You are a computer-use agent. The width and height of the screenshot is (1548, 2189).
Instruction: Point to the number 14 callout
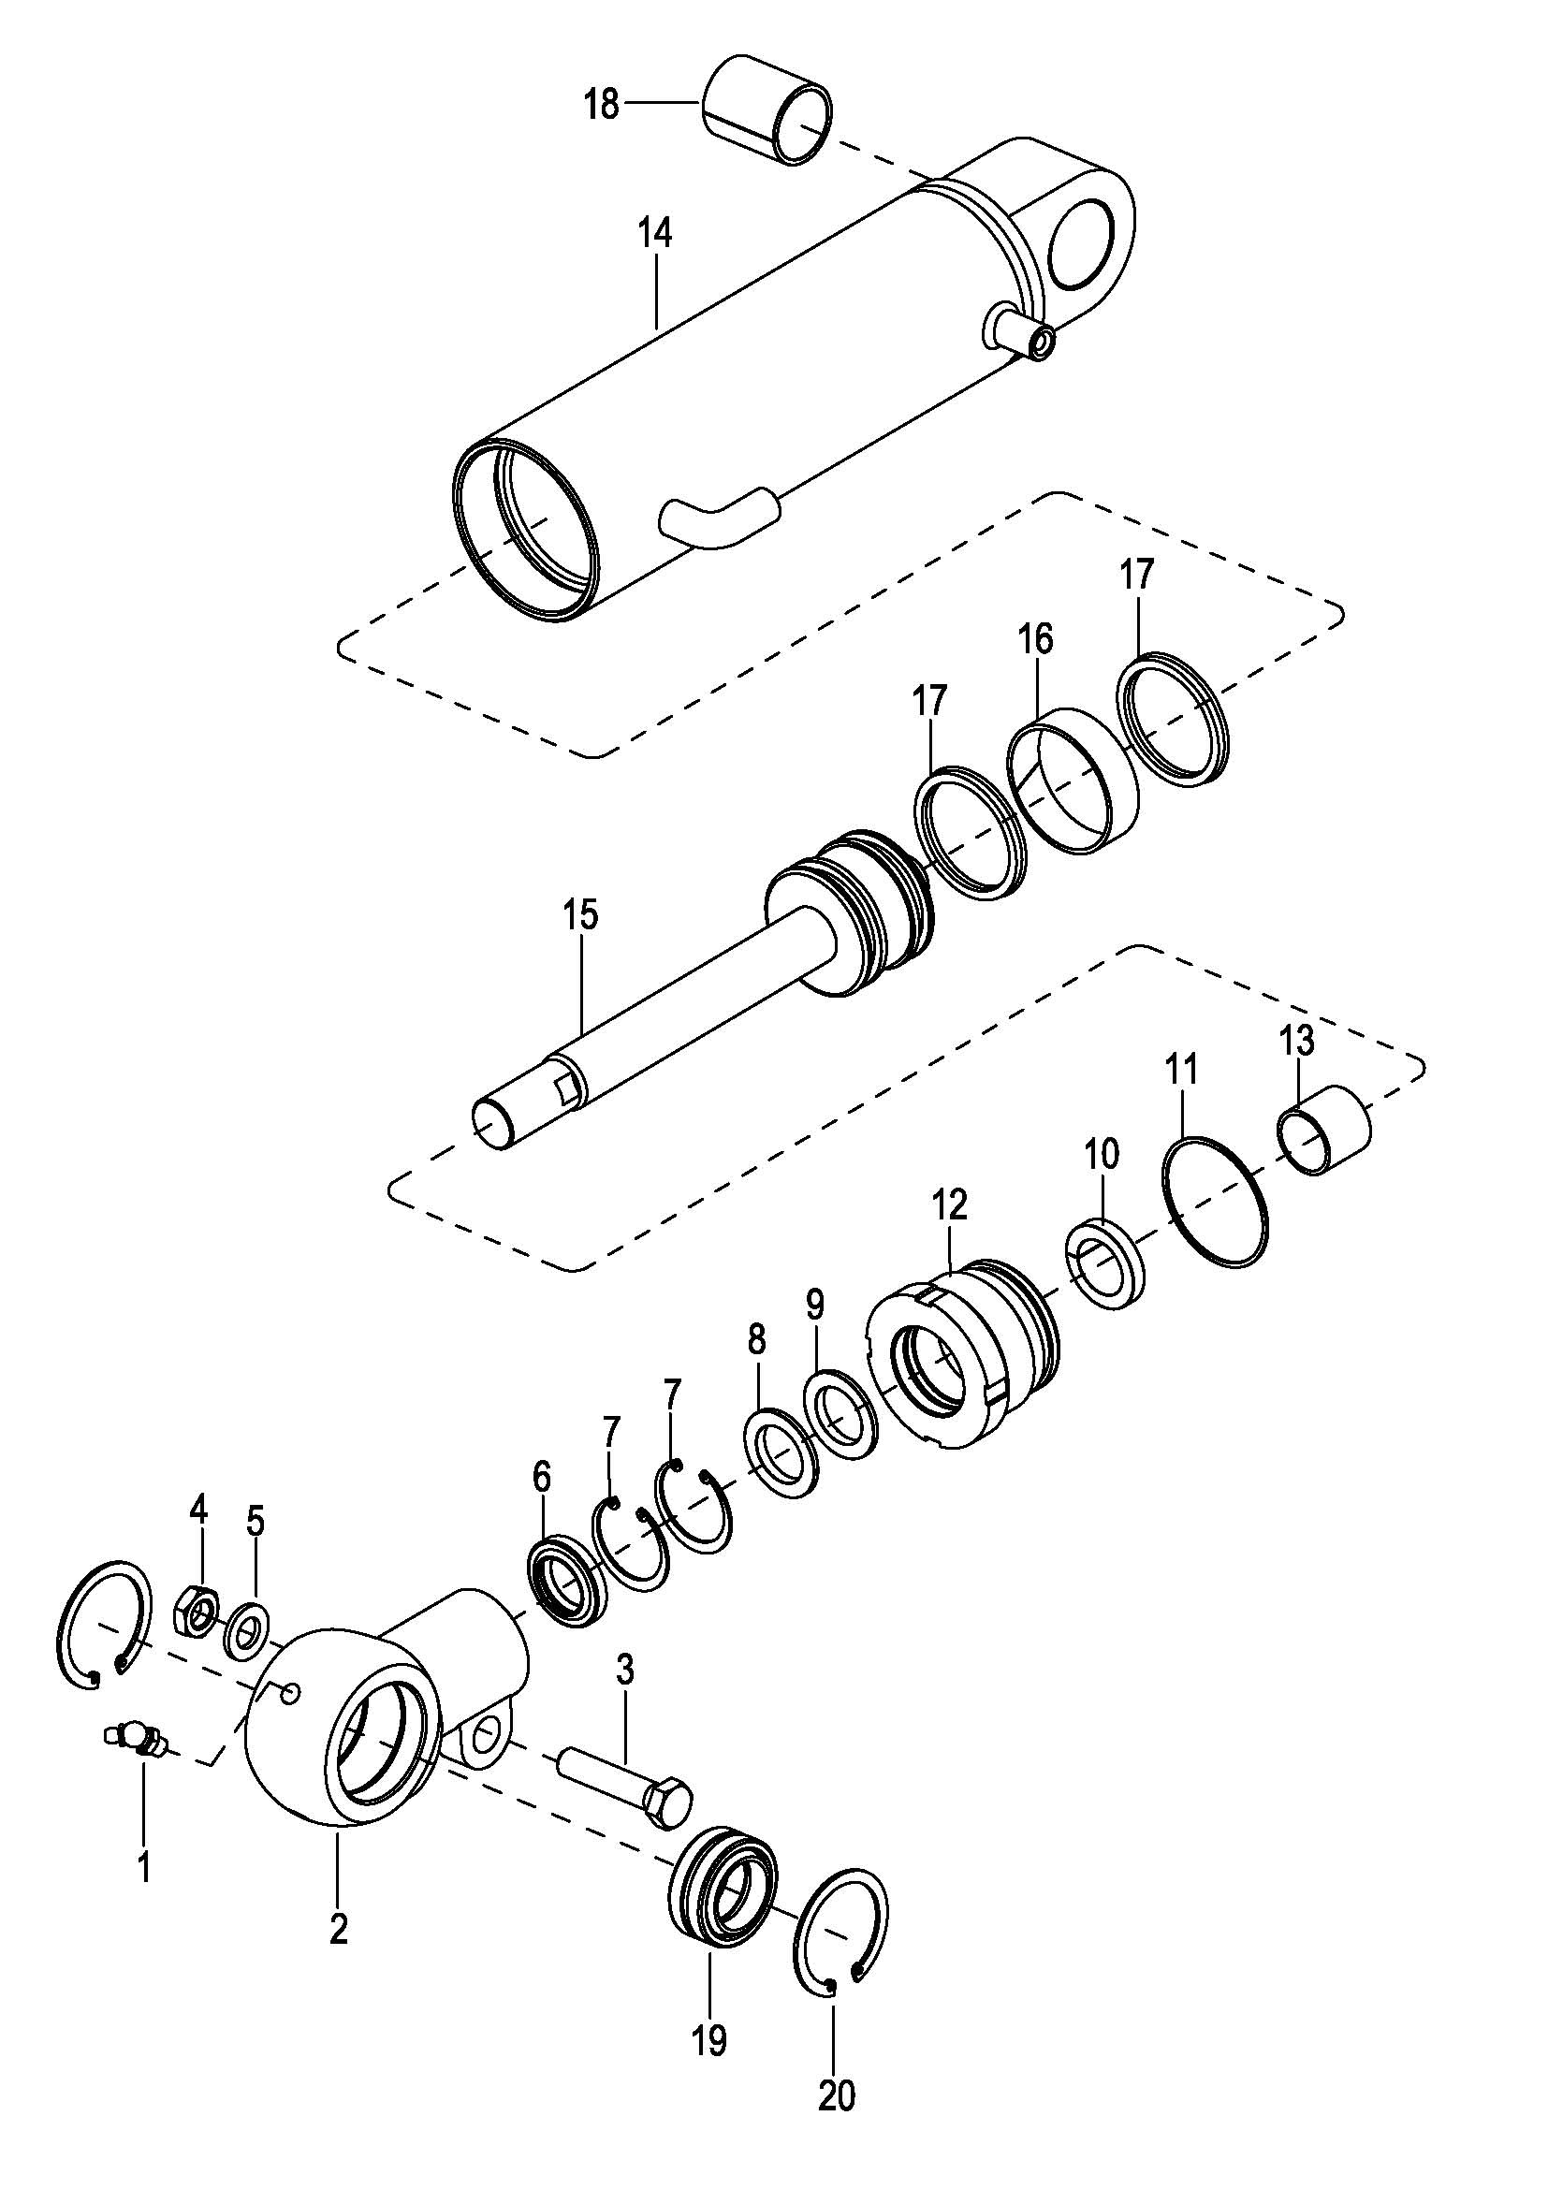tap(656, 234)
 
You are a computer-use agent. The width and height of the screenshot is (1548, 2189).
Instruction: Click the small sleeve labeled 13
tap(1324, 1130)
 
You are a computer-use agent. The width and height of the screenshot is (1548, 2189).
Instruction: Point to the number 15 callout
tap(580, 914)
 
